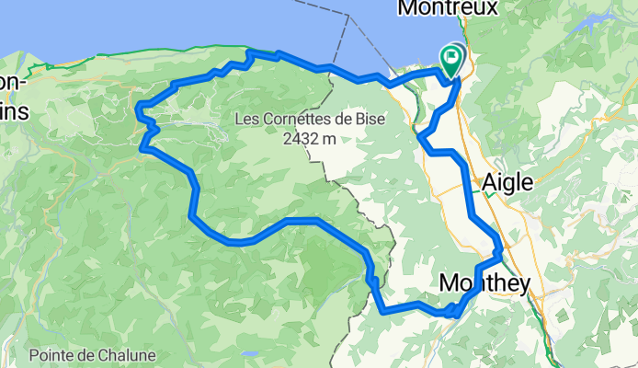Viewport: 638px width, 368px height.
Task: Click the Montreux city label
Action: pyautogui.click(x=447, y=8)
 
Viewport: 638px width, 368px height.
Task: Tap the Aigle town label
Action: pyautogui.click(x=507, y=182)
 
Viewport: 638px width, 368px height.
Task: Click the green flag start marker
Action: pyautogui.click(x=452, y=61)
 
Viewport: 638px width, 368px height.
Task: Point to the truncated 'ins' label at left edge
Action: pyautogui.click(x=13, y=111)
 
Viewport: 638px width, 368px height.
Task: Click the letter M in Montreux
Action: pyautogui.click(x=406, y=8)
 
